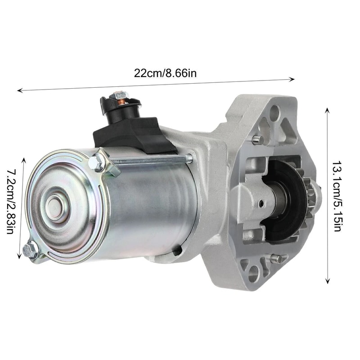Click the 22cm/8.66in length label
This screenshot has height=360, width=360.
coord(165,72)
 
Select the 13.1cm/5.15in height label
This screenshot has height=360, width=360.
coord(340,197)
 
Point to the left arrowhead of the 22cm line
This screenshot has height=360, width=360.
coord(19,91)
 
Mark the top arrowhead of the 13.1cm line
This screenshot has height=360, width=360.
coord(328,109)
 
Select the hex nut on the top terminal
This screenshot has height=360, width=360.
coord(120,95)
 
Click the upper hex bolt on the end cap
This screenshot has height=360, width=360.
coord(97,162)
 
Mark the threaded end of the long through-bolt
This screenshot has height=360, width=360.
coord(189,158)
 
